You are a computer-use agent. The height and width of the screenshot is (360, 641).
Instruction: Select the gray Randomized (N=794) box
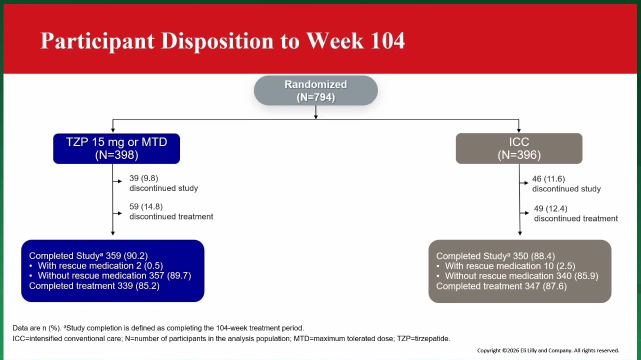(x=315, y=90)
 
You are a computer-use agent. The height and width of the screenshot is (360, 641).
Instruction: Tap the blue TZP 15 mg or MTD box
(x=116, y=148)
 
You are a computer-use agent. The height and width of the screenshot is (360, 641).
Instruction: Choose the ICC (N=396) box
(x=519, y=148)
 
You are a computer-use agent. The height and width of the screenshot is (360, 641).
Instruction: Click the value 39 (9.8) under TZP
(x=143, y=178)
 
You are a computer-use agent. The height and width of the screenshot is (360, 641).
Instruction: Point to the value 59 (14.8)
(x=146, y=206)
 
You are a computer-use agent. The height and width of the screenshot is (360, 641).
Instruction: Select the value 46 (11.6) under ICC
(x=548, y=179)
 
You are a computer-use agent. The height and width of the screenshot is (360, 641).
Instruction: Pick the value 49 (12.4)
(x=550, y=208)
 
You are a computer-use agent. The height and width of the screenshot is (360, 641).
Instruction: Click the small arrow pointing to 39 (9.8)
(x=117, y=181)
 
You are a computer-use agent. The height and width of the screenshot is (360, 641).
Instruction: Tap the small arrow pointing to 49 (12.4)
(x=524, y=213)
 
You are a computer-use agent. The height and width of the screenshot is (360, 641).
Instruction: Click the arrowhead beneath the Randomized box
(x=315, y=117)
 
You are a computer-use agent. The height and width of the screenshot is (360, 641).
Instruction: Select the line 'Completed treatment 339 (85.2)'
(x=94, y=286)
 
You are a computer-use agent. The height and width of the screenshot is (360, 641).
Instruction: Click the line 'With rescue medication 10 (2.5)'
(x=510, y=266)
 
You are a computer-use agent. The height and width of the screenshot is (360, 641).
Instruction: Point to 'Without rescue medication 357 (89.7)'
(x=114, y=275)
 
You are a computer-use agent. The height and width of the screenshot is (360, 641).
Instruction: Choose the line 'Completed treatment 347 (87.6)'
(x=501, y=286)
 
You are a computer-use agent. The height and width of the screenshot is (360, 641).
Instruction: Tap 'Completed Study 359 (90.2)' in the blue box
(x=88, y=255)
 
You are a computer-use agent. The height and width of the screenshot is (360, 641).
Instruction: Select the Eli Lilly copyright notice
(x=548, y=350)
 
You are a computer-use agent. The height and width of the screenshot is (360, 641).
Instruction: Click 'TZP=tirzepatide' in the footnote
(x=423, y=338)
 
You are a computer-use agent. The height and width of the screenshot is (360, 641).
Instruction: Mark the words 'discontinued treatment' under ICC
(x=576, y=218)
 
